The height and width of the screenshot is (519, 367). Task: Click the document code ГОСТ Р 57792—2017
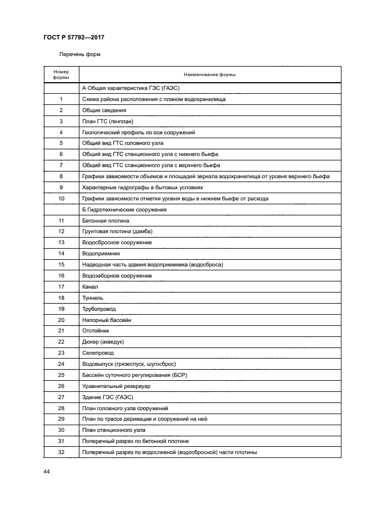(74, 38)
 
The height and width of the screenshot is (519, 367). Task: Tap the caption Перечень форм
(80, 55)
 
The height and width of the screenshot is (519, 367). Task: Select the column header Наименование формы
(209, 75)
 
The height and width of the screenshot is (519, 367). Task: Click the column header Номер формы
(61, 75)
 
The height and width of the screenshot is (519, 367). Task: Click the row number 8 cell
(61, 177)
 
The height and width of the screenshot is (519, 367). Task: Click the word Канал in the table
(89, 287)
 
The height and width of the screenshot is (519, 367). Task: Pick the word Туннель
(92, 298)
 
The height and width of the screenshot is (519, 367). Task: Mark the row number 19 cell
(61, 309)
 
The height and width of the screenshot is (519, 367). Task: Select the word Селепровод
(98, 353)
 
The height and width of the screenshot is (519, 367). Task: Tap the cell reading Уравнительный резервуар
(116, 386)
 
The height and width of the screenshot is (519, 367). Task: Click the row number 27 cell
(61, 397)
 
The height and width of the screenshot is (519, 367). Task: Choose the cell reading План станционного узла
(113, 430)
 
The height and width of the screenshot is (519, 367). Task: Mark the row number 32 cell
(61, 452)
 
